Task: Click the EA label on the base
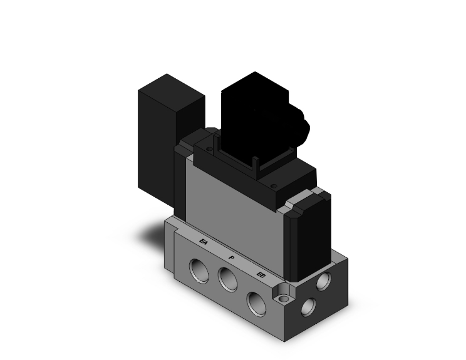click(203, 241)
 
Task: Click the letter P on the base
click(232, 257)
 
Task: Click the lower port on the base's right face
click(308, 306)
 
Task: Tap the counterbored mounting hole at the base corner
click(285, 292)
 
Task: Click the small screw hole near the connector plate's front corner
click(273, 186)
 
